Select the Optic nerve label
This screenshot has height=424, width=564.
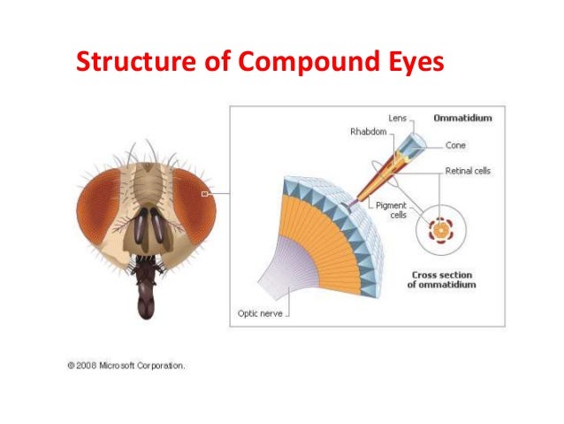260,312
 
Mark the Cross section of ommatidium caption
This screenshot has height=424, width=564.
444,280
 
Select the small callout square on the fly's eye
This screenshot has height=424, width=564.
204,192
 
